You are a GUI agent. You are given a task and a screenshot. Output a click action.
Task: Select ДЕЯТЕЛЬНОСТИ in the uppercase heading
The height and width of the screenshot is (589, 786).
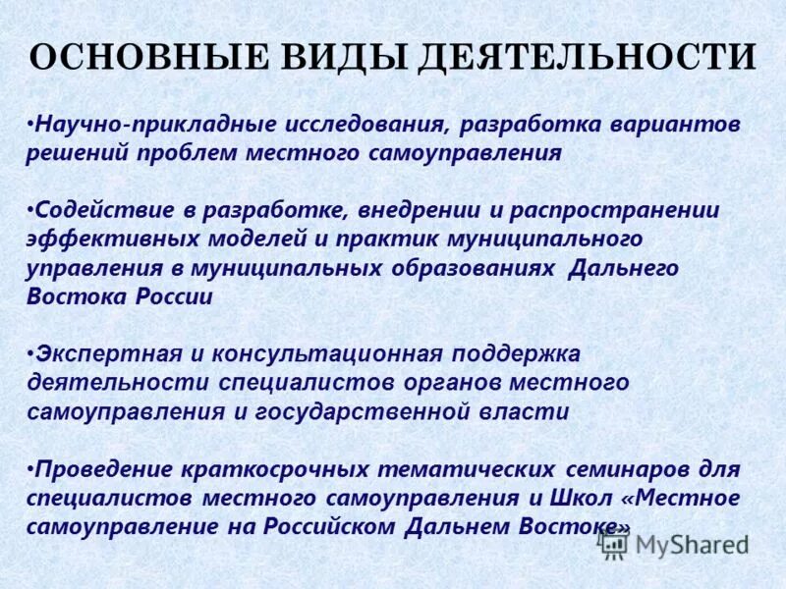click(587, 58)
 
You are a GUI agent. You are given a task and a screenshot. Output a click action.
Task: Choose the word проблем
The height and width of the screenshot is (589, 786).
click(240, 153)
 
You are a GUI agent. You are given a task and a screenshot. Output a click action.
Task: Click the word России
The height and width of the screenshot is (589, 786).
click(167, 296)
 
